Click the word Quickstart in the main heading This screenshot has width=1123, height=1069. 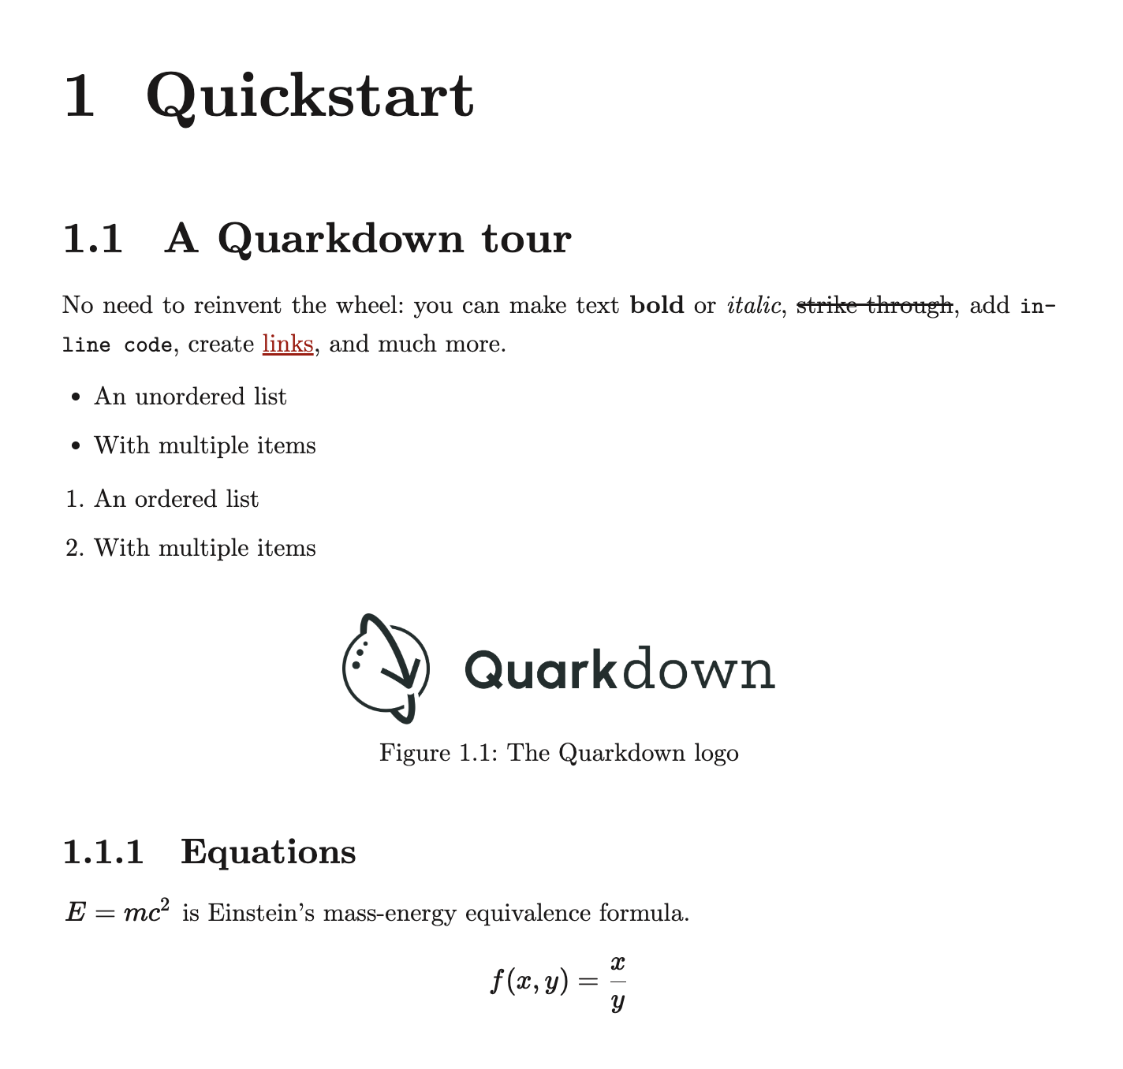pyautogui.click(x=310, y=97)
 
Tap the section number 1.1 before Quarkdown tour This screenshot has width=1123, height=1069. pyautogui.click(x=92, y=239)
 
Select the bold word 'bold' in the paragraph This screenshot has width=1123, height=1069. pyautogui.click(x=657, y=305)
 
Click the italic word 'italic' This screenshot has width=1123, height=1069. pyautogui.click(x=752, y=305)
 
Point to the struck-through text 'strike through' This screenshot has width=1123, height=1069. pyautogui.click(x=874, y=305)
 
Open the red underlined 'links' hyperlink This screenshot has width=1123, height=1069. pyautogui.click(x=288, y=345)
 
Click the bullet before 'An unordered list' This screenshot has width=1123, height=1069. pyautogui.click(x=76, y=397)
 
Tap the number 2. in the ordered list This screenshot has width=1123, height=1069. pyautogui.click(x=75, y=548)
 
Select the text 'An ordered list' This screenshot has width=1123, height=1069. pyautogui.click(x=177, y=499)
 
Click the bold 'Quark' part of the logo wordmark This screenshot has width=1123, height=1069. pyautogui.click(x=539, y=670)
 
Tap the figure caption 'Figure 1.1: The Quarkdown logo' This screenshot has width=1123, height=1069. pyautogui.click(x=558, y=753)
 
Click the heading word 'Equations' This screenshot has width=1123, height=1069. pyautogui.click(x=268, y=852)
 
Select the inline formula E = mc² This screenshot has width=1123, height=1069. pyautogui.click(x=117, y=913)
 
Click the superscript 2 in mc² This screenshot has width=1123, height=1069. pyautogui.click(x=165, y=905)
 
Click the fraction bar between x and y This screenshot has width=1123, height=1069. pyautogui.click(x=617, y=981)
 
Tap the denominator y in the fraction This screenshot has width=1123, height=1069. pyautogui.click(x=617, y=1002)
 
